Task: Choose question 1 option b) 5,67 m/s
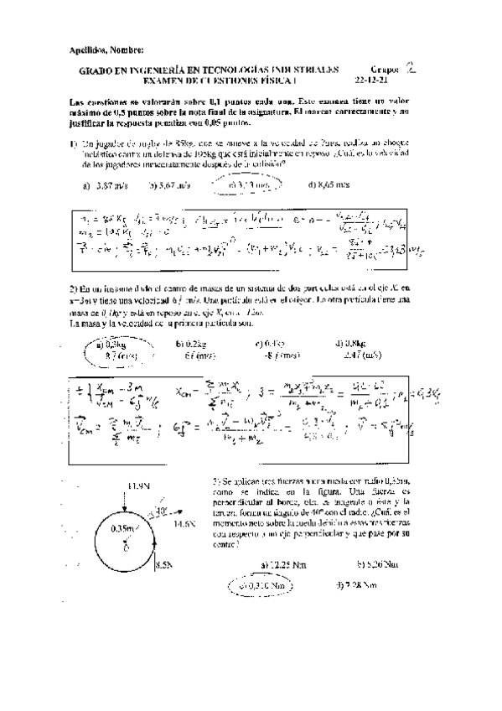point(168,185)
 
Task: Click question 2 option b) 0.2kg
point(189,343)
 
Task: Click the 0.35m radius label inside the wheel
point(124,528)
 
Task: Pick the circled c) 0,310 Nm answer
point(260,585)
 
